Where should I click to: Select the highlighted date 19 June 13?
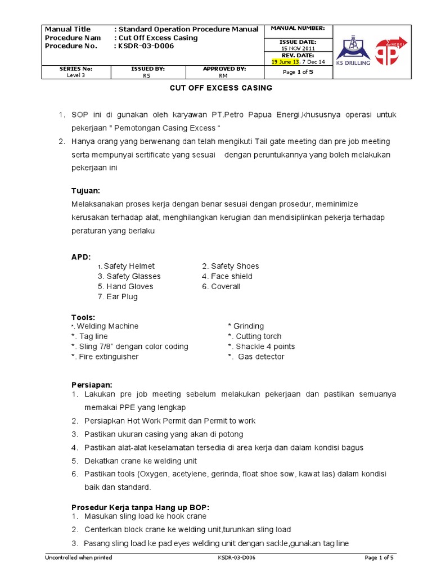tap(285, 62)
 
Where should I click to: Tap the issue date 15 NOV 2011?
tap(298, 48)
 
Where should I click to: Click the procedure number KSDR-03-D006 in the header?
tap(146, 46)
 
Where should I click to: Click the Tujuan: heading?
tap(85, 191)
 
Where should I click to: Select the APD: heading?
tap(81, 256)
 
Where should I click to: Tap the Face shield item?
tap(227, 276)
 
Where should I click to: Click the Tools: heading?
tap(83, 317)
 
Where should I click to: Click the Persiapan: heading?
tap(92, 385)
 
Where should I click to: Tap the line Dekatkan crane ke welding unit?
tap(141, 461)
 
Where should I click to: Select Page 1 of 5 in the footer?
tap(380, 557)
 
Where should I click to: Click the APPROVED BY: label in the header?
tap(224, 69)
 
